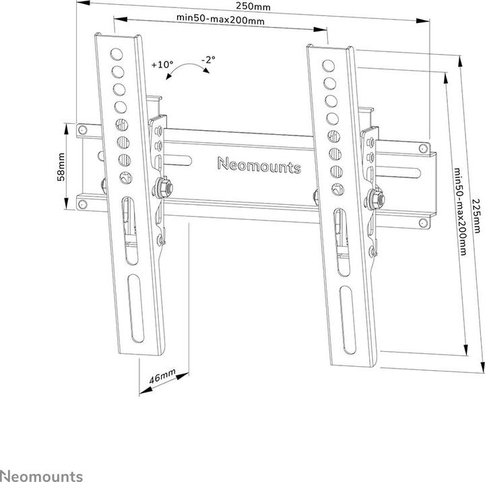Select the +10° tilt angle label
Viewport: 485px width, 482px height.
(x=162, y=65)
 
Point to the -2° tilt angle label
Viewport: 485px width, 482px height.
(x=208, y=60)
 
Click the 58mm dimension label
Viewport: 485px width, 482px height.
(x=61, y=166)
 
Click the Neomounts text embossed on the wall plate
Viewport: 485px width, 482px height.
(x=259, y=164)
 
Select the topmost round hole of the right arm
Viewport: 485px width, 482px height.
(x=329, y=66)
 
